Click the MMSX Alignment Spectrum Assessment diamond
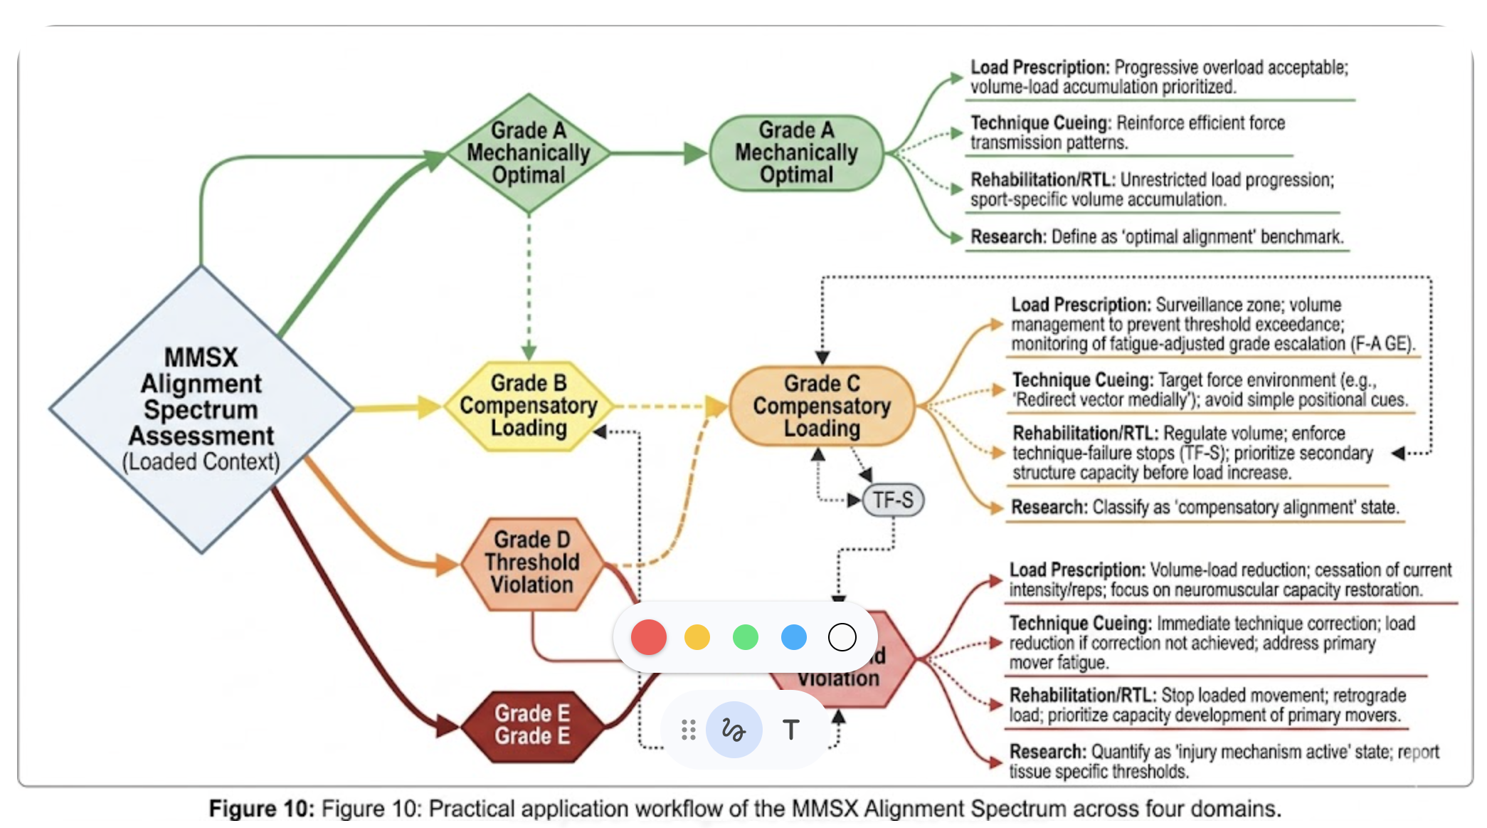[x=201, y=409]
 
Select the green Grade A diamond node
[x=529, y=153]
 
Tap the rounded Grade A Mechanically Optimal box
[x=796, y=153]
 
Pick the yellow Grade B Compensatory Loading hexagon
[x=529, y=406]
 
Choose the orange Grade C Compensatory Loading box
[x=822, y=406]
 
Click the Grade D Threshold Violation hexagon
[x=532, y=562]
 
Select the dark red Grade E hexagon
[x=532, y=725]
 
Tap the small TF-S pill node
[x=893, y=500]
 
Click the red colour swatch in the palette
[x=648, y=637]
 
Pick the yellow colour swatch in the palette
[x=697, y=637]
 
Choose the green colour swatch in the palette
[x=746, y=637]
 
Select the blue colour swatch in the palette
[x=794, y=637]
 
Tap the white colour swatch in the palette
[x=842, y=637]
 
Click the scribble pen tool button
[x=734, y=730]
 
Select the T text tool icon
[x=790, y=730]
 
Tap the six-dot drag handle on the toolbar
[x=688, y=730]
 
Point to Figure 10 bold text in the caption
[x=260, y=809]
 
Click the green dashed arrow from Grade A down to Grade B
[x=529, y=285]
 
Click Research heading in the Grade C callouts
[x=1049, y=508]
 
